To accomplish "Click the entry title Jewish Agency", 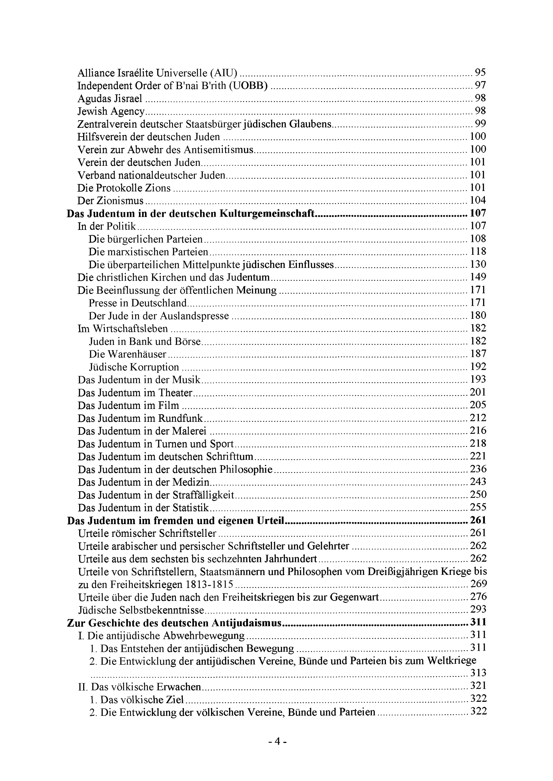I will pos(111,111).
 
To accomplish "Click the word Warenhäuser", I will pos(137,354).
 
